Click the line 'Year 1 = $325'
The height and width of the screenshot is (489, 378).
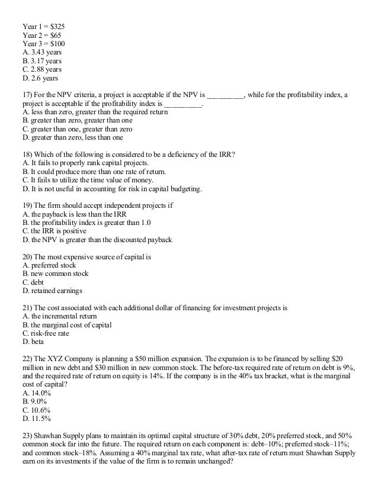[44, 27]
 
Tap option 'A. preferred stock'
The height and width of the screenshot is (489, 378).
[50, 266]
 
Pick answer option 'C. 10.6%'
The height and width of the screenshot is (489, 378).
[36, 410]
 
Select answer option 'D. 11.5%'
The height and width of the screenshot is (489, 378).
[36, 419]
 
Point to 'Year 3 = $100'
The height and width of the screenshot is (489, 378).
[44, 44]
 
